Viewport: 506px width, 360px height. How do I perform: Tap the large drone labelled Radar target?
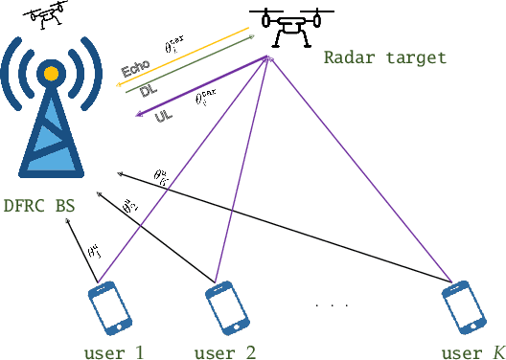point(284,26)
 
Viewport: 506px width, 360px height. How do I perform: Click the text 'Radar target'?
point(398,57)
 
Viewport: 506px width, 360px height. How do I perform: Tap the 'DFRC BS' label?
point(40,206)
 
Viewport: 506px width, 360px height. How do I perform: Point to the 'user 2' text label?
point(224,351)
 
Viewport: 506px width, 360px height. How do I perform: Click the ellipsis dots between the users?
point(333,305)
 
